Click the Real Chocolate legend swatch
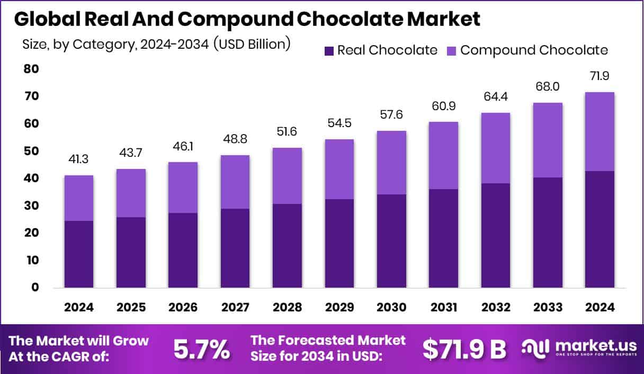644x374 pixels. pyautogui.click(x=329, y=51)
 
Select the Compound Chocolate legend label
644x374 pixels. pyautogui.click(x=534, y=50)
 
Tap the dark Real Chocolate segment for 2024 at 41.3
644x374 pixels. pyautogui.click(x=79, y=254)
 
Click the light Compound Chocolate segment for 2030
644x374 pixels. pyautogui.click(x=391, y=163)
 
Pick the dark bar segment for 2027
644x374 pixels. pyautogui.click(x=235, y=248)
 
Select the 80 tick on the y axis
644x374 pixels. pyautogui.click(x=31, y=69)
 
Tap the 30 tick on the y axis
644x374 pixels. pyautogui.click(x=31, y=206)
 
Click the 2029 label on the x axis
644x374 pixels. pyautogui.click(x=339, y=308)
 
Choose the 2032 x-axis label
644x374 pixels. pyautogui.click(x=496, y=308)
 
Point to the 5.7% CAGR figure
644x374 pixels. pyautogui.click(x=202, y=349)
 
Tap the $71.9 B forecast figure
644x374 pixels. pyautogui.click(x=464, y=349)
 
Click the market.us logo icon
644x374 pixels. pyautogui.click(x=535, y=348)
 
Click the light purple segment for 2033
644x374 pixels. pyautogui.click(x=548, y=140)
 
